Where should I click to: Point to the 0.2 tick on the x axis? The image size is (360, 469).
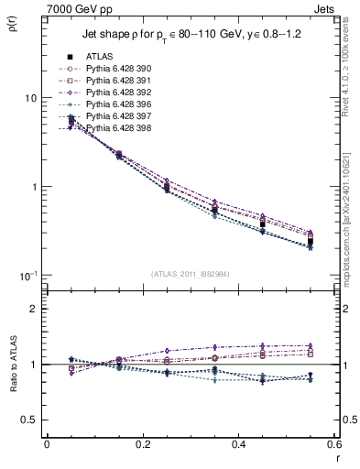pyautogui.click(x=142, y=445)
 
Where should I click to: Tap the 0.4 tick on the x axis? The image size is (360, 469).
pyautogui.click(x=238, y=445)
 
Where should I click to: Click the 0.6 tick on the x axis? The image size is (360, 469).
pyautogui.click(x=333, y=445)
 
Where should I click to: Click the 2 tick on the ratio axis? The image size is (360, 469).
pyautogui.click(x=34, y=309)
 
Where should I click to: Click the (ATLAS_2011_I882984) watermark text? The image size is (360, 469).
pyautogui.click(x=191, y=273)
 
